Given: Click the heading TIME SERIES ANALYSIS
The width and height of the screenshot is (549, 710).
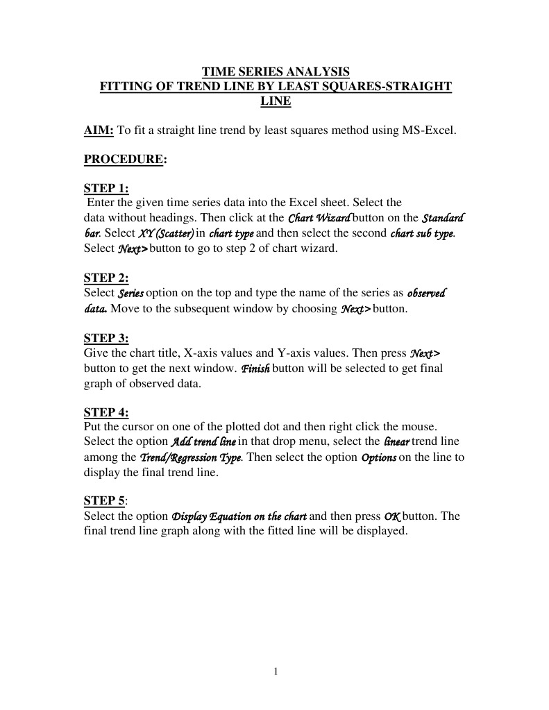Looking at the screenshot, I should [276, 71].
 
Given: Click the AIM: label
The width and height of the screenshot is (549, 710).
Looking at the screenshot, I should [99, 130].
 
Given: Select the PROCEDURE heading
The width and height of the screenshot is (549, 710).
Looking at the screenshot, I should [124, 160].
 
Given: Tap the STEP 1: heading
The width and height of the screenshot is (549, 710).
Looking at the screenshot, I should [106, 189].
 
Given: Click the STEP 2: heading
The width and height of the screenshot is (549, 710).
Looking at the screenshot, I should [106, 278].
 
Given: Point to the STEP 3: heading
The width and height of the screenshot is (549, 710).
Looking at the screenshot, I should [106, 339].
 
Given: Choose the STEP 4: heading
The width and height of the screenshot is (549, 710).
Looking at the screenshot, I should [106, 412].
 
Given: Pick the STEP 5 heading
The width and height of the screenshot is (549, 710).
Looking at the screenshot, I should [105, 501].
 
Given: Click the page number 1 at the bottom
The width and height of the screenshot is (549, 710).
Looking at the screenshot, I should [276, 671].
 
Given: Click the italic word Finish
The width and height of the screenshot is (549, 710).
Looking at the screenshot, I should [255, 368].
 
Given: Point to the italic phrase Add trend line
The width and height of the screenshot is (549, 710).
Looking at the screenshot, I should [204, 442].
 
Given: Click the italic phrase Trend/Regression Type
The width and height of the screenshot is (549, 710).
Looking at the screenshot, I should [192, 457].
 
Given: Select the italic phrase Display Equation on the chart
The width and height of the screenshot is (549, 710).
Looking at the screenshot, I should [239, 516].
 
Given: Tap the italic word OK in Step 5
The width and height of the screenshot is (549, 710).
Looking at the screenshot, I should [391, 516].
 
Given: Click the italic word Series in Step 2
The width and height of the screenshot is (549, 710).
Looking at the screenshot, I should [131, 294].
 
